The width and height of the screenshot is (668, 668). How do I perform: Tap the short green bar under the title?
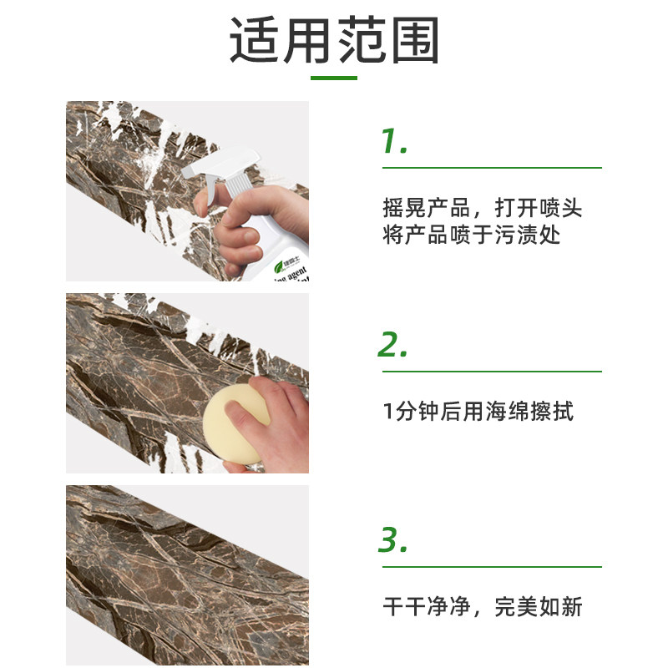(x=334, y=78)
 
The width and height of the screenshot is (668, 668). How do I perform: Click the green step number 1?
(x=393, y=141)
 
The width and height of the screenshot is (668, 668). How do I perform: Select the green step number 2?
(x=393, y=345)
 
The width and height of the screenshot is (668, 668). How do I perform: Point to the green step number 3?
(x=393, y=540)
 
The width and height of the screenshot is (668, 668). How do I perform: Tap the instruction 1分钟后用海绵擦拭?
(x=478, y=411)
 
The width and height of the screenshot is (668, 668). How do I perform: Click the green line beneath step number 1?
(x=492, y=168)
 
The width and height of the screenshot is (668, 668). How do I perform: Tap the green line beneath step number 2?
(x=492, y=372)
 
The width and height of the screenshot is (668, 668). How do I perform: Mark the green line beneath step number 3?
(x=492, y=567)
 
